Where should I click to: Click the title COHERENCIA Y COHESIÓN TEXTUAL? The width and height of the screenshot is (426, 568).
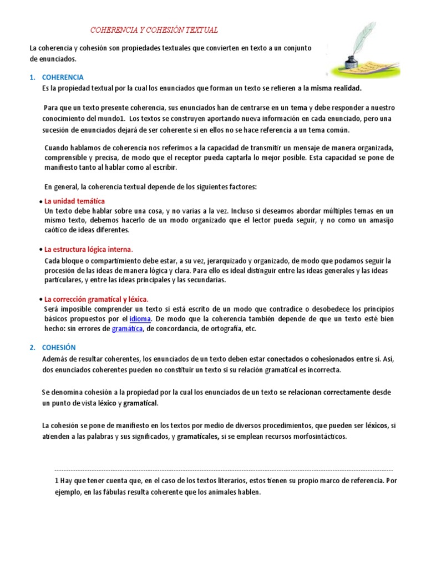point(154,30)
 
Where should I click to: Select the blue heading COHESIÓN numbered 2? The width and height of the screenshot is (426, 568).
point(58,347)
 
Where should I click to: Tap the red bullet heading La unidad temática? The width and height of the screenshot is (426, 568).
point(74,201)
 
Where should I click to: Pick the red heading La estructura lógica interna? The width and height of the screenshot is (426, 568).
point(88,250)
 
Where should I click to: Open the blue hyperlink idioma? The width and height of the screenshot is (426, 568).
point(140,319)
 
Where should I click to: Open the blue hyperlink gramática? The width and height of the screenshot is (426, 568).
point(128,329)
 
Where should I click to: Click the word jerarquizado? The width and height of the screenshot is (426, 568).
point(223,260)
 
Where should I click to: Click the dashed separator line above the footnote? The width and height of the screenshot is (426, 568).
point(222,469)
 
